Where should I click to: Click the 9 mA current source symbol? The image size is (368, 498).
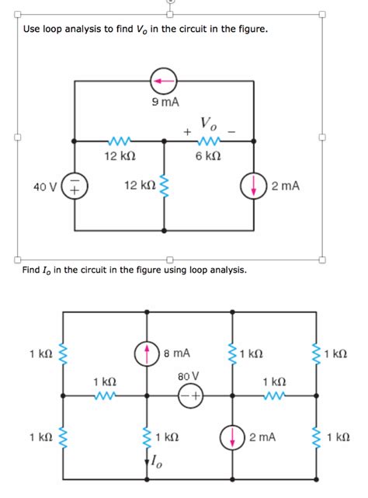click(x=164, y=80)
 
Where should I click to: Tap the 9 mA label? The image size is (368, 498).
click(x=165, y=102)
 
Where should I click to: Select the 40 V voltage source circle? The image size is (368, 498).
click(x=75, y=187)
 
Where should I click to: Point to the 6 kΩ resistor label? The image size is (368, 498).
click(x=207, y=155)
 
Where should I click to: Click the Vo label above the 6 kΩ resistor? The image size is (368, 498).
click(x=209, y=123)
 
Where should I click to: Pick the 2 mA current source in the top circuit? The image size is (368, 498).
click(x=255, y=186)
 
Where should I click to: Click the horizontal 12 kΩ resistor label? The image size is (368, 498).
click(x=120, y=155)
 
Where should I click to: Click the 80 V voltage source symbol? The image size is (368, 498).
click(x=189, y=397)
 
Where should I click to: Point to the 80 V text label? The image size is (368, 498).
click(x=189, y=377)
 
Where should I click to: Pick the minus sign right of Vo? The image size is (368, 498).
click(x=231, y=130)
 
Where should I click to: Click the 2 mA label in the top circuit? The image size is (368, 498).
click(x=286, y=186)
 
